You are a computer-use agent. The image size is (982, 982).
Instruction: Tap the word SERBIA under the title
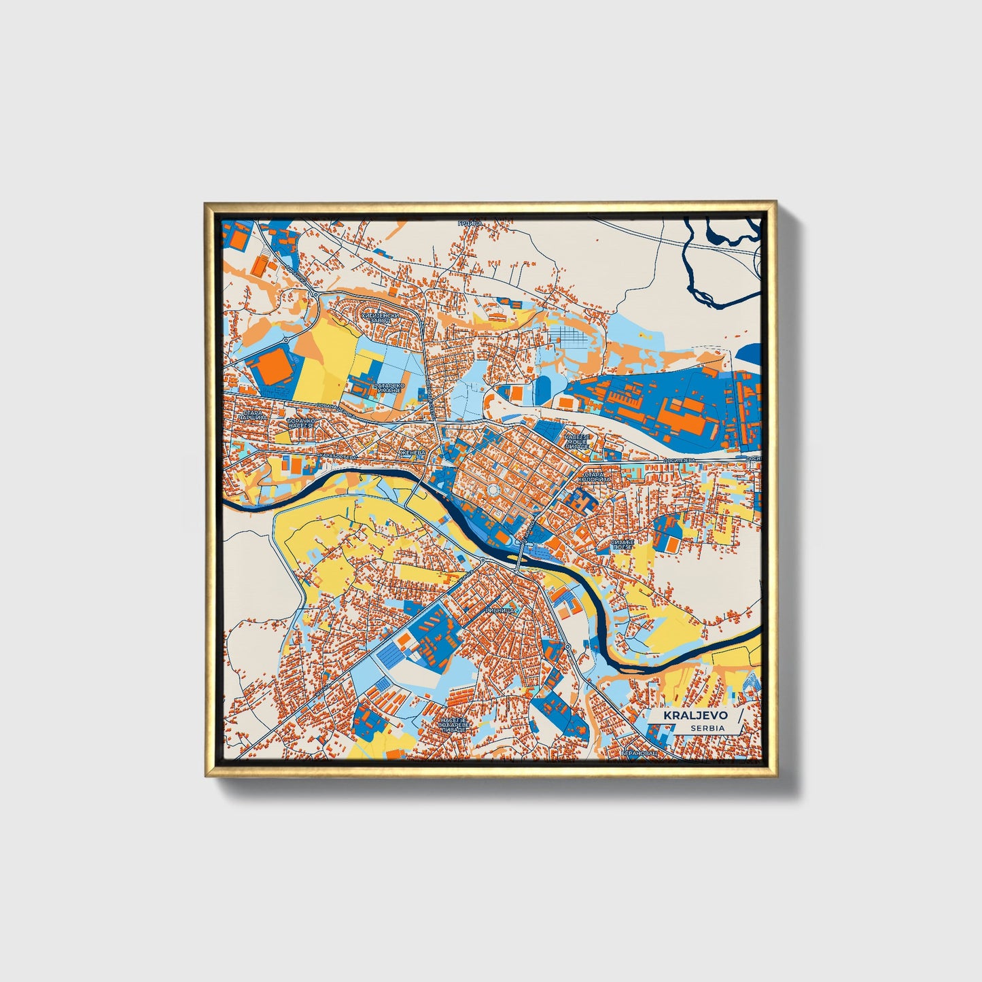[707, 728]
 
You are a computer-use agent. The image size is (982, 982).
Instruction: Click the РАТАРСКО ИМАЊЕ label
[389, 388]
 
